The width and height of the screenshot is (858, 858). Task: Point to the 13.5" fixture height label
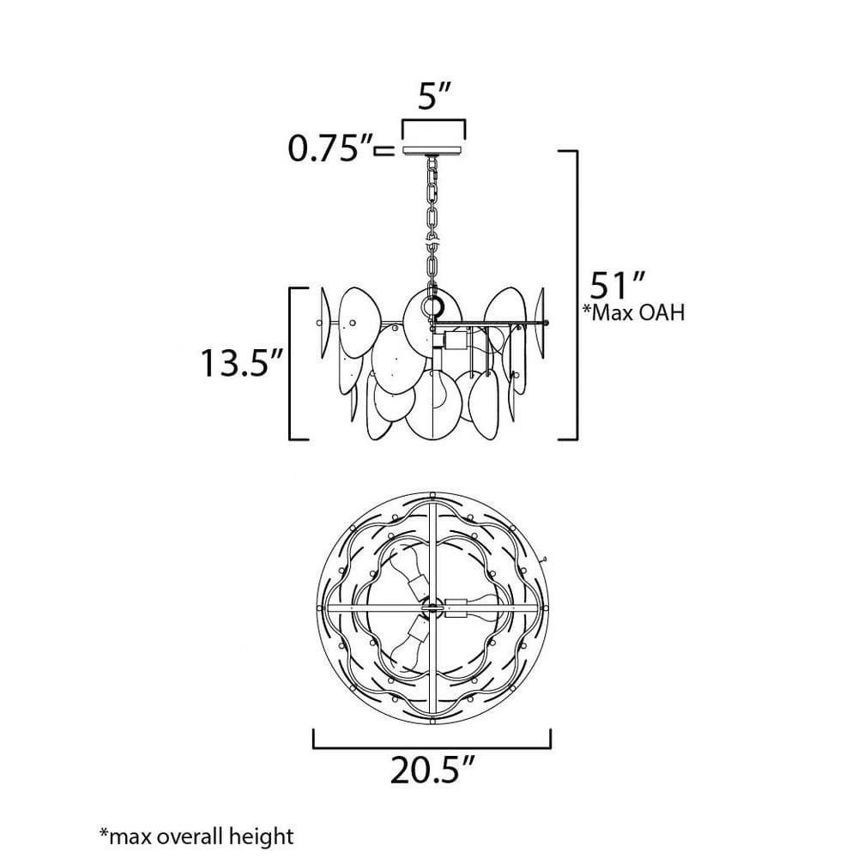coord(242,362)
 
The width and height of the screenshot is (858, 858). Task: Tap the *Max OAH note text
coord(634,312)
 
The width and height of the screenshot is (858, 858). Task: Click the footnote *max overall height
coord(196,836)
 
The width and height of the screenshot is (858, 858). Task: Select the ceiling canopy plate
coord(432,150)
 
